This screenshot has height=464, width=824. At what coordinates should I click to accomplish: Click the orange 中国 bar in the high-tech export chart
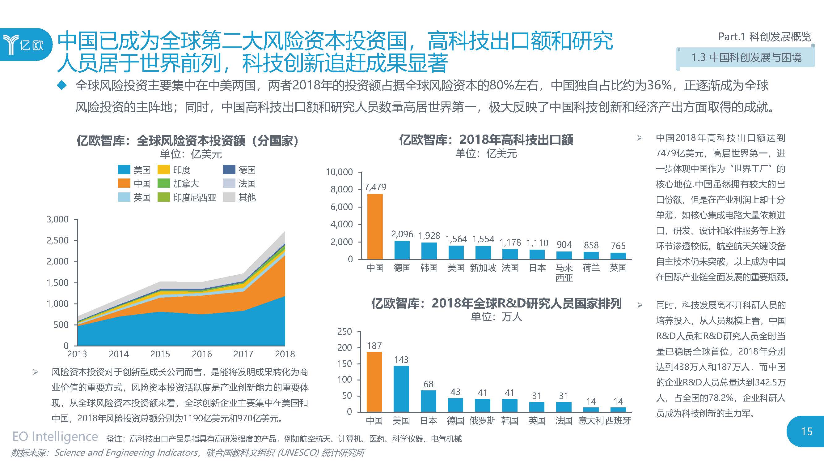click(374, 226)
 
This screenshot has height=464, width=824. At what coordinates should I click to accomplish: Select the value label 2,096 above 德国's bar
click(402, 234)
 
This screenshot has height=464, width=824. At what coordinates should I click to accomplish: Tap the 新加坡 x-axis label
click(483, 268)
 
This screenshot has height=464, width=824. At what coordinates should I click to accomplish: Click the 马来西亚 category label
click(564, 273)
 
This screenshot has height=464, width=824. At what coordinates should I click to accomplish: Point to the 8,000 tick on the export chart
click(341, 189)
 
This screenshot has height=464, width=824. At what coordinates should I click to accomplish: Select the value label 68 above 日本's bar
click(428, 384)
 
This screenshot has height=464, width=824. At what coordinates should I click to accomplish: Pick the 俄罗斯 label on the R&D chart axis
click(482, 420)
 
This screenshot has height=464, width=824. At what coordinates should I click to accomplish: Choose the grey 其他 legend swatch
click(229, 197)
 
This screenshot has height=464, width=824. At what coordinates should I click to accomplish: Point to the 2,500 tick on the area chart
click(57, 240)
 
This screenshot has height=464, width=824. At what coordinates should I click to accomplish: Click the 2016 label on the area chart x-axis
click(201, 354)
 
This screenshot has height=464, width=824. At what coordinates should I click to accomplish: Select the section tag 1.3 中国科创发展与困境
click(746, 58)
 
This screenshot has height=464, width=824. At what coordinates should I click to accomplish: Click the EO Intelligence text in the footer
click(55, 436)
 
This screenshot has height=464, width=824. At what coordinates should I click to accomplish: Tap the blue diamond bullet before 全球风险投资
click(61, 85)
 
